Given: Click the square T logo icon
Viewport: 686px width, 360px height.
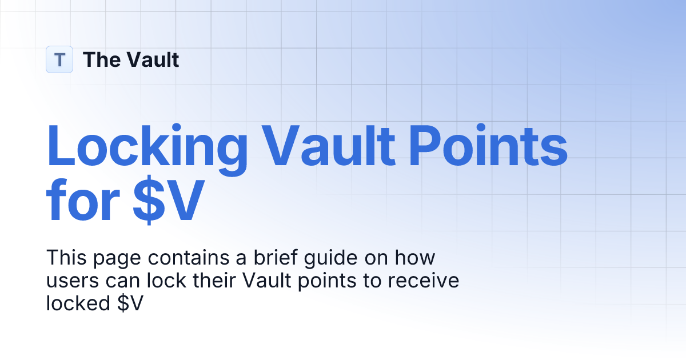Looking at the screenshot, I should [x=59, y=59].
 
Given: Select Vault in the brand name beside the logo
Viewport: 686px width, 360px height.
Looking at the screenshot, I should [x=153, y=59].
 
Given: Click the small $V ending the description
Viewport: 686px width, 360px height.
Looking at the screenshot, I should [x=127, y=303].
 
